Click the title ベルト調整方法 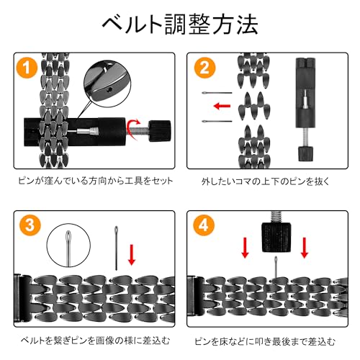tap(180, 24)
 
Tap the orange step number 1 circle tap(27, 68)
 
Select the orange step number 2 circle tap(204, 68)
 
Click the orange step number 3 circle tap(30, 225)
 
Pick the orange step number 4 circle tap(204, 225)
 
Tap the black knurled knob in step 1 tap(160, 131)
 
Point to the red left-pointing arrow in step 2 tap(222, 106)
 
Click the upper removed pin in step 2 tap(217, 93)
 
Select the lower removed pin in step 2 tap(217, 121)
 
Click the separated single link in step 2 tap(254, 106)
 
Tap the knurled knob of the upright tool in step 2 tap(305, 153)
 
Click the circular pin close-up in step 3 tap(68, 245)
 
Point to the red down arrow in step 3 tap(131, 255)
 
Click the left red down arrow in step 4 tap(245, 248)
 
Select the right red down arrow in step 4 tap(305, 248)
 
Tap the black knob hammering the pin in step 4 tap(276, 237)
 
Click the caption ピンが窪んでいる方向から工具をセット tap(96, 181)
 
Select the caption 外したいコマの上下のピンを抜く tap(266, 181)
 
